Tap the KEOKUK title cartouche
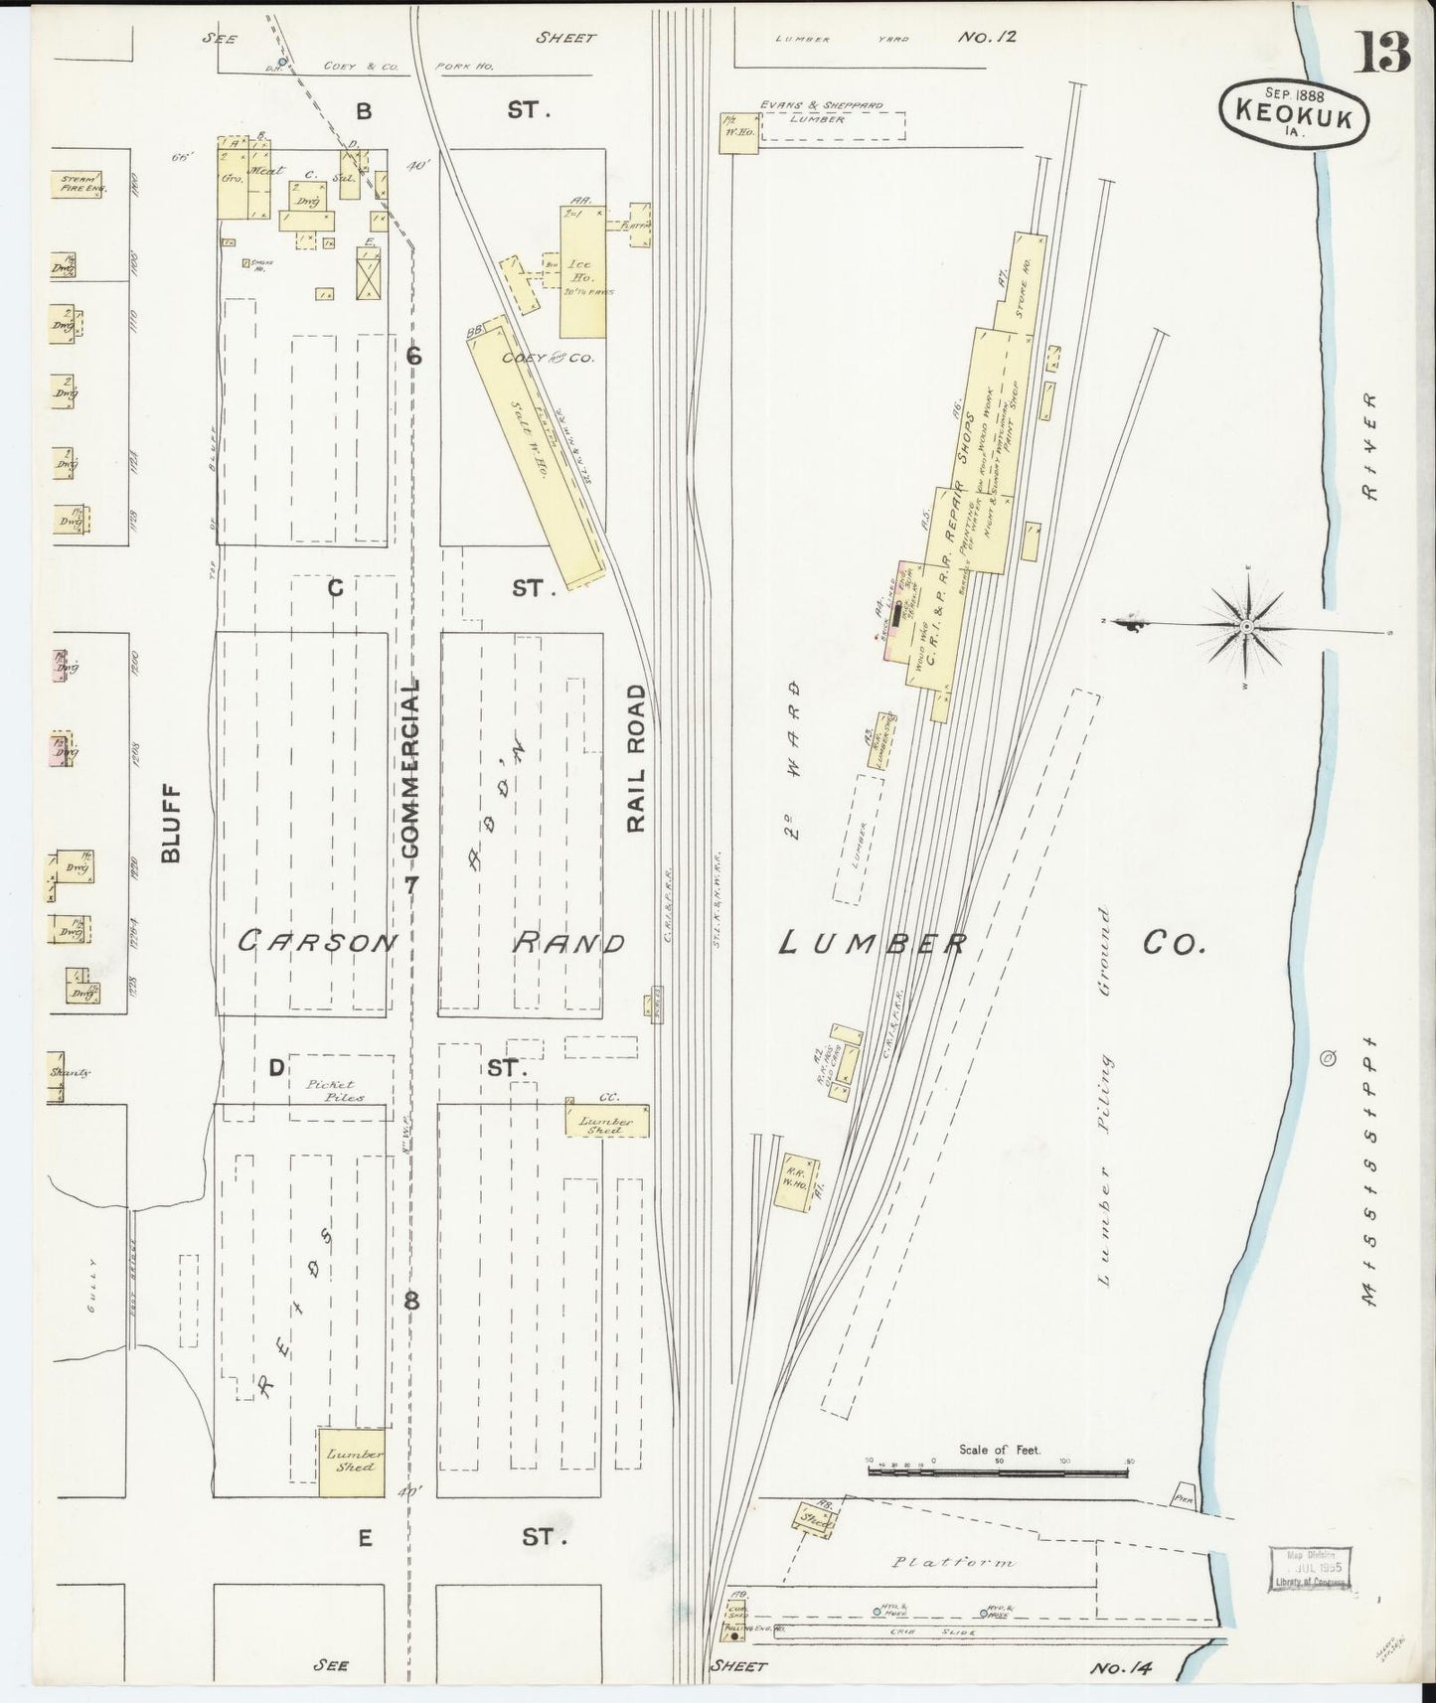1293,110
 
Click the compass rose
1246,626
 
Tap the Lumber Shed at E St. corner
352,1462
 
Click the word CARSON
316,942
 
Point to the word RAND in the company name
568,942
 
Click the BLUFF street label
172,823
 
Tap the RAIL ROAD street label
637,757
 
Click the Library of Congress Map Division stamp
1310,1573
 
